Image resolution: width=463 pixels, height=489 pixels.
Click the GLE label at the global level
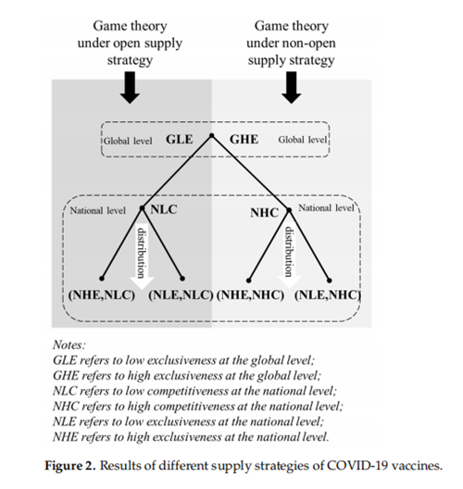coord(180,140)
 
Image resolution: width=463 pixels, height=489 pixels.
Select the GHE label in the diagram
coord(244,140)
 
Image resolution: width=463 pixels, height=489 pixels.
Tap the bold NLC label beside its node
coord(164,209)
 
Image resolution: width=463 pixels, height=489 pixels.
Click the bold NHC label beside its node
coord(265,213)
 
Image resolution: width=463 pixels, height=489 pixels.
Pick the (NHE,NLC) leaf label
coord(102,295)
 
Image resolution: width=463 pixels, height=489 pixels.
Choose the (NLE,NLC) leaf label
coord(181,295)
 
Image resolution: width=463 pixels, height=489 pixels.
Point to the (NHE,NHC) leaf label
coord(250,295)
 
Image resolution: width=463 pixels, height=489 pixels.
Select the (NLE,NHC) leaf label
coord(328,295)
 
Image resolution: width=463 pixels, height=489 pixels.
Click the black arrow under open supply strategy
coord(130,87)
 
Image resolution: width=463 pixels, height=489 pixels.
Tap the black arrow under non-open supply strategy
coord(291,87)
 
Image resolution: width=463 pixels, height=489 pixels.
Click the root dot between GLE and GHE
coord(212,135)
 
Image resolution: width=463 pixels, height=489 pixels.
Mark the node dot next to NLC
coord(143,208)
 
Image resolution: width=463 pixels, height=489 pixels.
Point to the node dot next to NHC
coord(289,210)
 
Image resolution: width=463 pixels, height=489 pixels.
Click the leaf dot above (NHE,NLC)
coord(102,279)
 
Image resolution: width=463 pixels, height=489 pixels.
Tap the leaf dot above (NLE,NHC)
coord(330,281)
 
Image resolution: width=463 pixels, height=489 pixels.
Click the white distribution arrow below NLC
coord(142,256)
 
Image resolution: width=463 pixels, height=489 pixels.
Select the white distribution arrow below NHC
coord(289,254)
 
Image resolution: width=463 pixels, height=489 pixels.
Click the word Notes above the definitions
coord(69,345)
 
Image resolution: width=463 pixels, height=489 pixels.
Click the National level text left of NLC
coord(97,211)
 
